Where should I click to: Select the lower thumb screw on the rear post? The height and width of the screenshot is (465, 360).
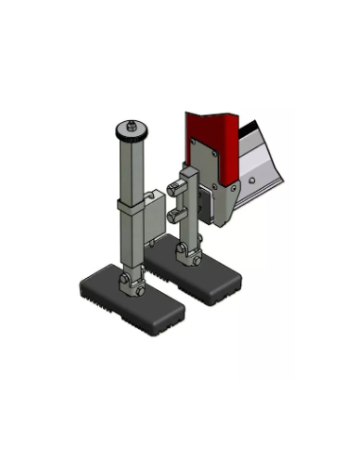(x=173, y=216)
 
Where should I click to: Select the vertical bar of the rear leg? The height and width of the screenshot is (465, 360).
(x=189, y=203)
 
